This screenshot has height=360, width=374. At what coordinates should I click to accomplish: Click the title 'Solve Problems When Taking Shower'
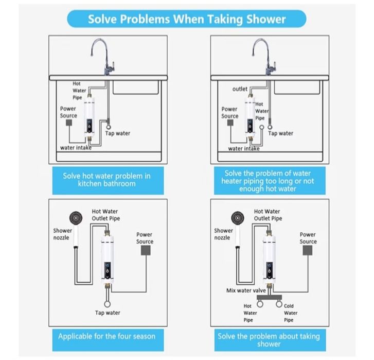pyautogui.click(x=187, y=19)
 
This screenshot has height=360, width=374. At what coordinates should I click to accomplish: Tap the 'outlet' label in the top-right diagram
pyautogui.click(x=240, y=89)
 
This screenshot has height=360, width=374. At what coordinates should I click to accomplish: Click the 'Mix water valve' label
pyautogui.click(x=246, y=290)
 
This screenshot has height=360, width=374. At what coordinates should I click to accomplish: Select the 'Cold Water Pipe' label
pyautogui.click(x=291, y=313)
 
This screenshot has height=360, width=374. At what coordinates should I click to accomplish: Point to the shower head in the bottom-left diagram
pyautogui.click(x=76, y=218)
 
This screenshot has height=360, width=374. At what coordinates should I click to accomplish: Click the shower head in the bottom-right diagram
pyautogui.click(x=238, y=218)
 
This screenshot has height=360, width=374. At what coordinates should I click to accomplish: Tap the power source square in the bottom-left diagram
pyautogui.click(x=146, y=251)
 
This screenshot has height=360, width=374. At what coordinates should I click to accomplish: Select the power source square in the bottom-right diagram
pyautogui.click(x=308, y=251)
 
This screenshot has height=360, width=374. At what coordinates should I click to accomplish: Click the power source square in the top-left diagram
pyautogui.click(x=69, y=123)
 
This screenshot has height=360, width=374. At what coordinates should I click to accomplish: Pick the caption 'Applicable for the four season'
pyautogui.click(x=106, y=336)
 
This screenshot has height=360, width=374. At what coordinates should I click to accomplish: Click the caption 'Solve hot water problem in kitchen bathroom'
pyautogui.click(x=106, y=180)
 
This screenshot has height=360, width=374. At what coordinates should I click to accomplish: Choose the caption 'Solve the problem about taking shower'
pyautogui.click(x=269, y=340)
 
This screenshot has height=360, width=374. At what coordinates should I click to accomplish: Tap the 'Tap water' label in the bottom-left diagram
pyautogui.click(x=108, y=313)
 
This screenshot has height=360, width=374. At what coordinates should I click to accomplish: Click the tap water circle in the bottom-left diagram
pyautogui.click(x=108, y=304)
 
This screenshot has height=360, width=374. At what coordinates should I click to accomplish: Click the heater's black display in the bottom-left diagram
pyautogui.click(x=108, y=270)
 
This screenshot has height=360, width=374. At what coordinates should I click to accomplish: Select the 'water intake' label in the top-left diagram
pyautogui.click(x=76, y=148)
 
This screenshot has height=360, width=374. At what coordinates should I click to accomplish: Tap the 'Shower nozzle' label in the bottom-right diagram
pyautogui.click(x=223, y=234)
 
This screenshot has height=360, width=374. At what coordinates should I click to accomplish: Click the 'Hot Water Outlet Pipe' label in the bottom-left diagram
pyautogui.click(x=106, y=215)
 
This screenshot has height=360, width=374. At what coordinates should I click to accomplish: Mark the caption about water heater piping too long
pyautogui.click(x=268, y=181)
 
